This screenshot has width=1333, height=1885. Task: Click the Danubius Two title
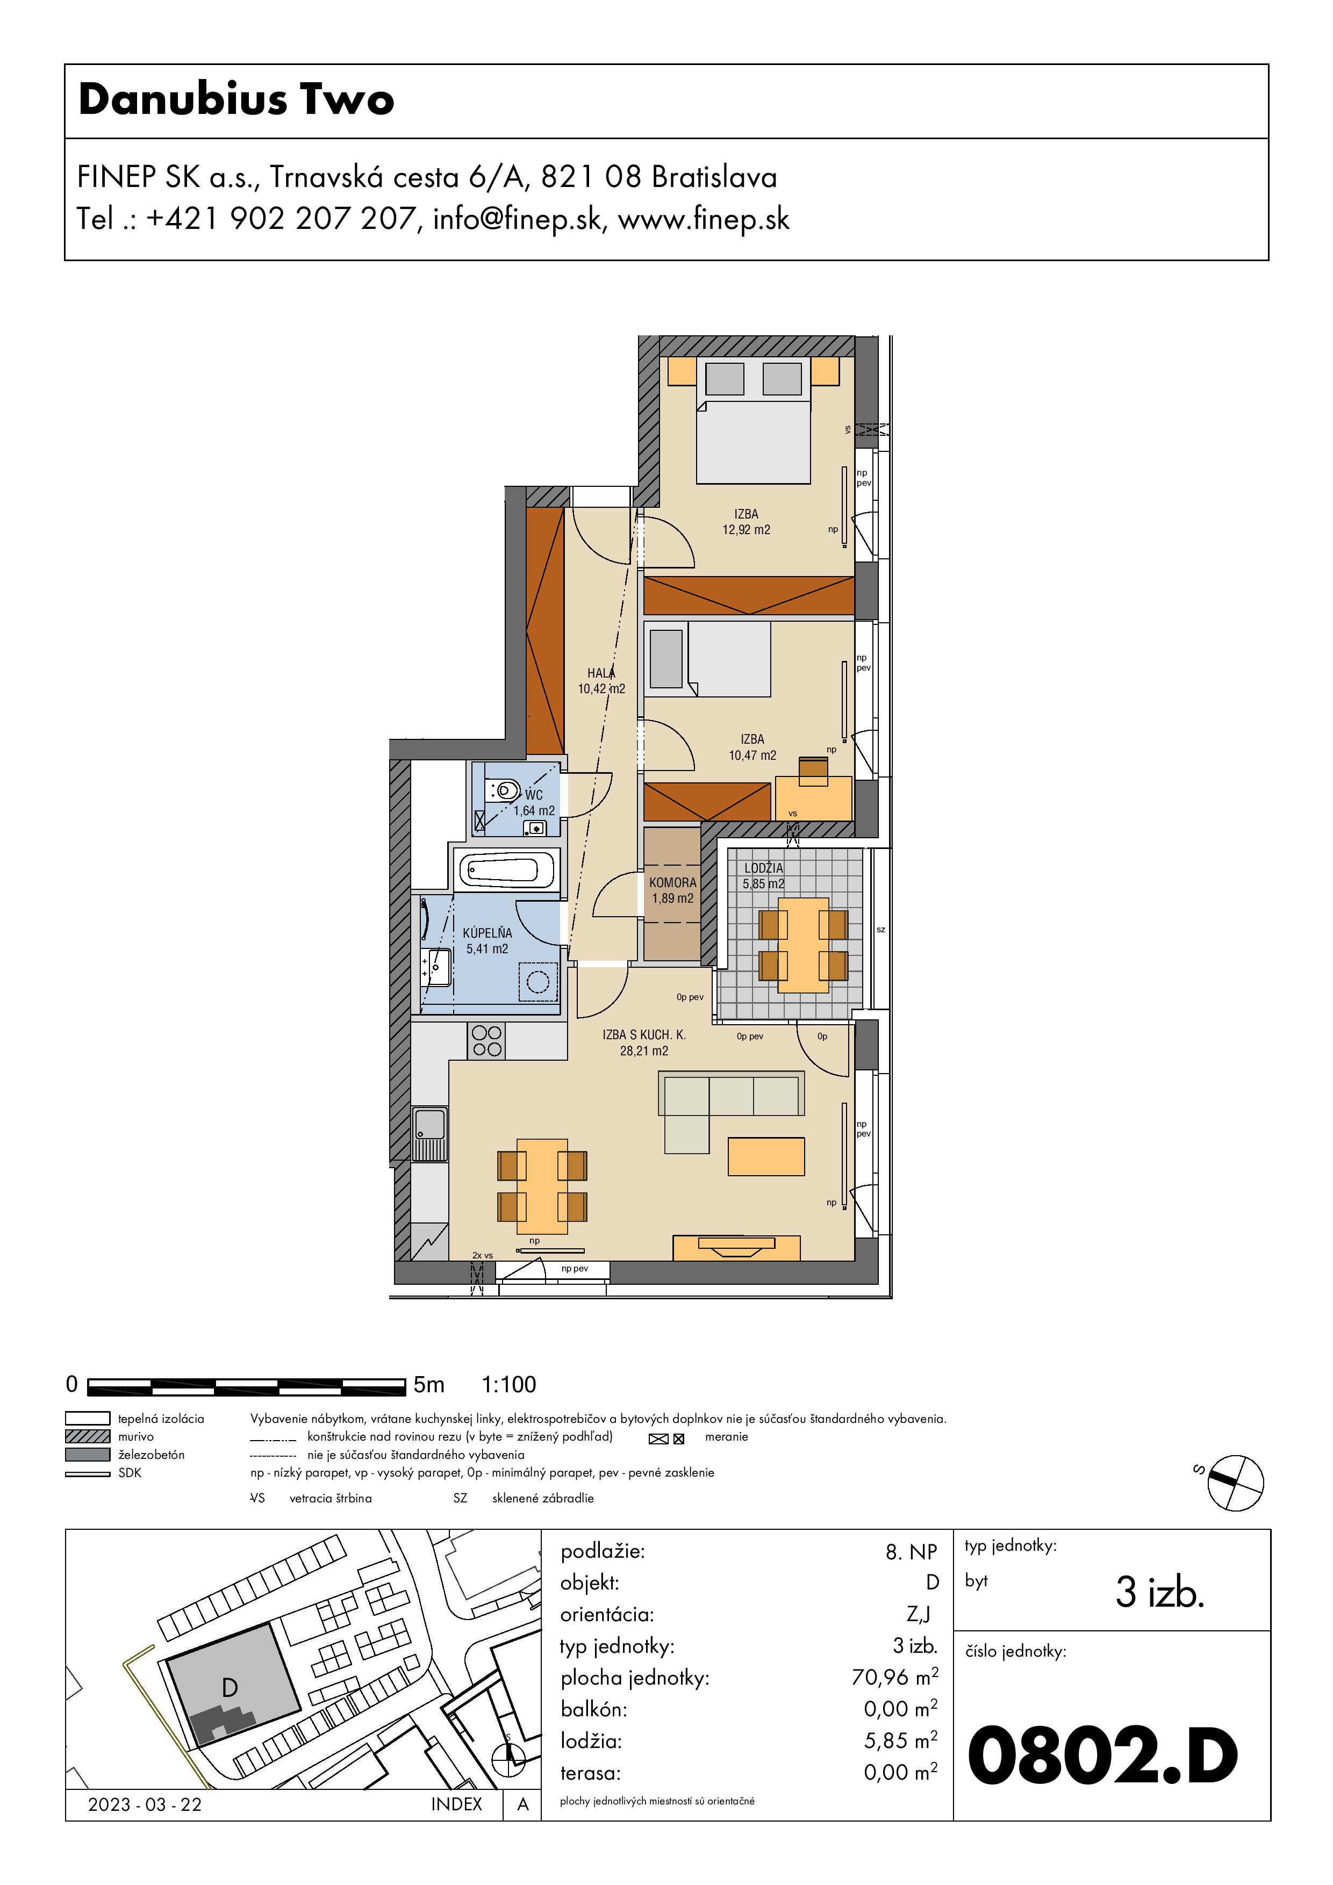pos(236,99)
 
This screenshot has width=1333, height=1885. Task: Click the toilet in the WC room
pos(504,790)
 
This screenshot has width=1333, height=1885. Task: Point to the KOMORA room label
pos(672,882)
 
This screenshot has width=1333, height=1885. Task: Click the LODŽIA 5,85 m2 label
pos(764,876)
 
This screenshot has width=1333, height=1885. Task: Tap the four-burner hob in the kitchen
pos(487,1041)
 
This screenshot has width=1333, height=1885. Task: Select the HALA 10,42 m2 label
pos(601,681)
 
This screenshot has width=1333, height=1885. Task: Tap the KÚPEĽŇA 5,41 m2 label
pos(487,941)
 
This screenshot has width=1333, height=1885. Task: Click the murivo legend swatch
pos(87,1437)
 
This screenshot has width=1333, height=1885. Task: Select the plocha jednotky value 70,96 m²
pos(894,1677)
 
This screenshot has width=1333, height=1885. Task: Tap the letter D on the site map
pos(230,1688)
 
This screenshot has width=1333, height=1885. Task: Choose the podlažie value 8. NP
pos(911,1552)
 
